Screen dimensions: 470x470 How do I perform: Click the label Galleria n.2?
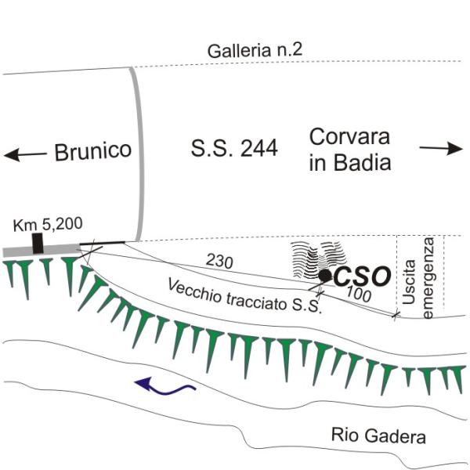(255, 51)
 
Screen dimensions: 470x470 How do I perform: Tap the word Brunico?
(92, 151)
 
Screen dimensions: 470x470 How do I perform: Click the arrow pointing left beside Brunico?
(24, 155)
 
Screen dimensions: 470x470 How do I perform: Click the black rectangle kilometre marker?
(38, 242)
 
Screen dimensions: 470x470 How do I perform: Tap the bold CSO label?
(361, 276)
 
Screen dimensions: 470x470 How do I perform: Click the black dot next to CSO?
(324, 275)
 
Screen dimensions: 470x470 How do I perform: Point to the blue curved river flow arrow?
(162, 385)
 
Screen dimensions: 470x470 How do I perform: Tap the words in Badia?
(350, 163)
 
